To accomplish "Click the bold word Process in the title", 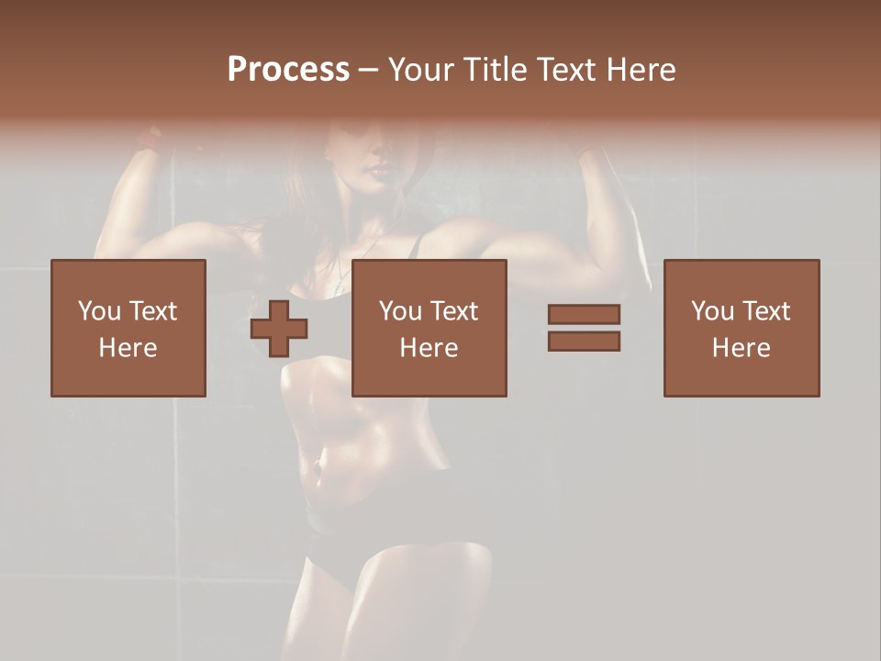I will point(288,70).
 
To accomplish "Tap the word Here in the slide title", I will point(640,70).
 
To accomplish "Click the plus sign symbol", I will point(279,328).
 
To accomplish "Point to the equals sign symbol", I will point(584,328).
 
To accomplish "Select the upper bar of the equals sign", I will point(584,314).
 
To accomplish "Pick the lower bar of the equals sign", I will point(584,342).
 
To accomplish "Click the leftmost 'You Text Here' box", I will point(128,328).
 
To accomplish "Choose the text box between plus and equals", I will point(429,328).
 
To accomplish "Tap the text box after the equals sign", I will point(742,328).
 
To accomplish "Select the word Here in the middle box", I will point(429,348).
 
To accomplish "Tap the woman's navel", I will point(318,462).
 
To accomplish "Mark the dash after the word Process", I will point(368,71).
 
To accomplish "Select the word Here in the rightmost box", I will point(742,348).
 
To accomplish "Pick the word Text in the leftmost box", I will point(153,311).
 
